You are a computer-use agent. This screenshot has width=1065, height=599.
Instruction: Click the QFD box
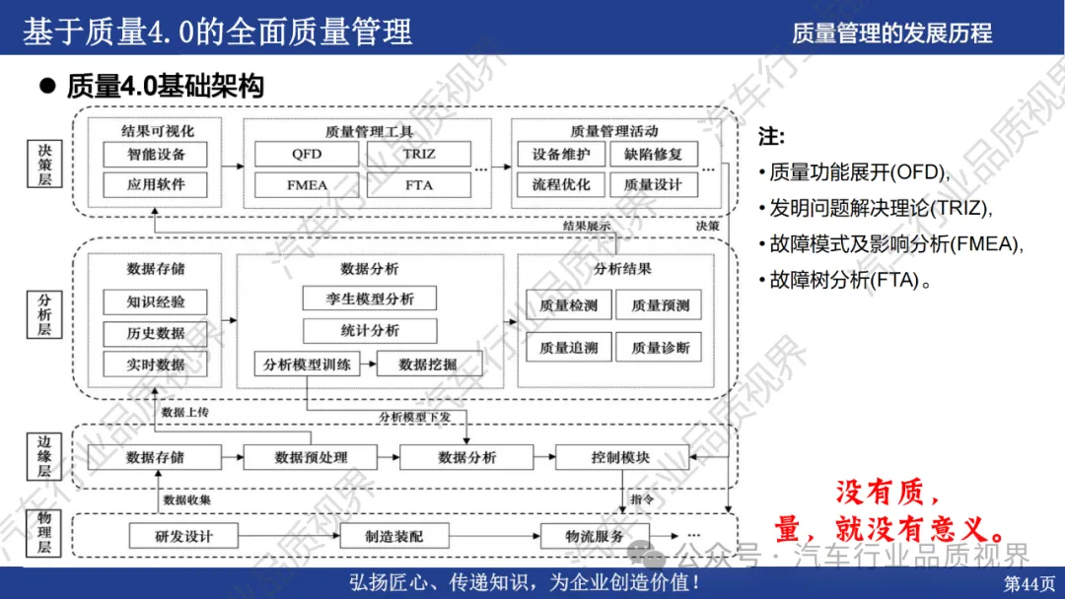pos(307,155)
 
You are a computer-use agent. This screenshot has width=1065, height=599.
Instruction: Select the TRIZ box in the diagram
pos(419,155)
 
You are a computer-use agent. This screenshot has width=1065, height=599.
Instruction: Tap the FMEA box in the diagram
pos(307,184)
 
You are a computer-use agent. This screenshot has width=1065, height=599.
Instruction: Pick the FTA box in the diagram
pos(419,184)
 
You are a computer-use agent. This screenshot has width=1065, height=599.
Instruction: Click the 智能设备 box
pos(156,155)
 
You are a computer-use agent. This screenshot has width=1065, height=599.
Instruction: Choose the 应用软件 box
pos(156,184)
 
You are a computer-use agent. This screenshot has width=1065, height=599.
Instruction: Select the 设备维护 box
pos(561,155)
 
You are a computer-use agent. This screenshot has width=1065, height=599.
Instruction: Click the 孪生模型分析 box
pos(370,299)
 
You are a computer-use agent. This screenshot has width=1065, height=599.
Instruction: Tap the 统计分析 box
pos(370,330)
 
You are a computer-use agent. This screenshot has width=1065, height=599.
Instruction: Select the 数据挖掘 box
pos(428,364)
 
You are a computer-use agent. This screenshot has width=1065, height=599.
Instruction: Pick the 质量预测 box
pos(661,305)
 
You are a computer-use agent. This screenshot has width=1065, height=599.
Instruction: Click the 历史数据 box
pos(156,333)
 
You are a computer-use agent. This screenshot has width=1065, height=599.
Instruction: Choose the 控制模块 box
pos(620,457)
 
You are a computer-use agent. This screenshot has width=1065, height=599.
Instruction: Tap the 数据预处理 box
pos(311,457)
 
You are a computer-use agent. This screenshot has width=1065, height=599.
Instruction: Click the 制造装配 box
pos(393,537)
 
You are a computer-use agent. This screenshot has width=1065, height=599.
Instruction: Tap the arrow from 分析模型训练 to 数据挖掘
pos(367,364)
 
